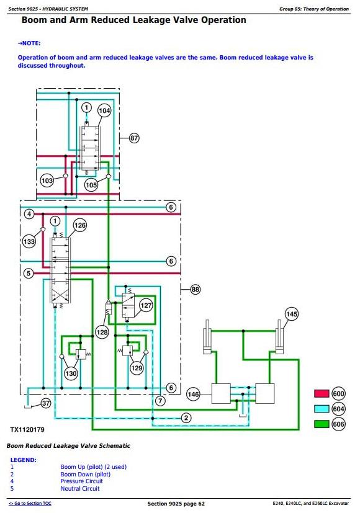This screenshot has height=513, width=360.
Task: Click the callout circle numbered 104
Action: (104, 110)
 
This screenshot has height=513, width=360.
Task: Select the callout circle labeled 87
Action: (134, 138)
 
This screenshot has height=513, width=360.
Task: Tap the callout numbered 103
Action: (47, 181)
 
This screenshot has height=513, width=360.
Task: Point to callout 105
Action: (91, 185)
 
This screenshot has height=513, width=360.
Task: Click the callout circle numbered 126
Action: (80, 225)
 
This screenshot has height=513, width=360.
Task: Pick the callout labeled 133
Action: (29, 241)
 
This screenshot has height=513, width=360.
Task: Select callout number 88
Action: (196, 290)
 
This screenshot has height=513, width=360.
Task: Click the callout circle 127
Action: (146, 306)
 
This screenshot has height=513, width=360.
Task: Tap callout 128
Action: (102, 332)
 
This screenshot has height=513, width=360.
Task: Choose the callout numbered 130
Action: (71, 373)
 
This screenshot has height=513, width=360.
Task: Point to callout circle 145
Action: (292, 314)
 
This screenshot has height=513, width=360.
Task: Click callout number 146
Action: (193, 395)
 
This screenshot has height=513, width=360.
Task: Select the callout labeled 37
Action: (46, 403)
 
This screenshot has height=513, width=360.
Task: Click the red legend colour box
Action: (322, 393)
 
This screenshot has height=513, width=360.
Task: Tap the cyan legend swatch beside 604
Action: (322, 409)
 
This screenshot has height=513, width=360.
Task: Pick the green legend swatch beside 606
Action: (322, 424)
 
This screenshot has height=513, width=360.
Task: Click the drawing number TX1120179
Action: (27, 430)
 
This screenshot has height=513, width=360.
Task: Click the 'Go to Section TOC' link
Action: (30, 504)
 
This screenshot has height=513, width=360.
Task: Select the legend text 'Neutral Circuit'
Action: (80, 488)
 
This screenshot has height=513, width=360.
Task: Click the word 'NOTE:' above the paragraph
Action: (29, 43)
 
